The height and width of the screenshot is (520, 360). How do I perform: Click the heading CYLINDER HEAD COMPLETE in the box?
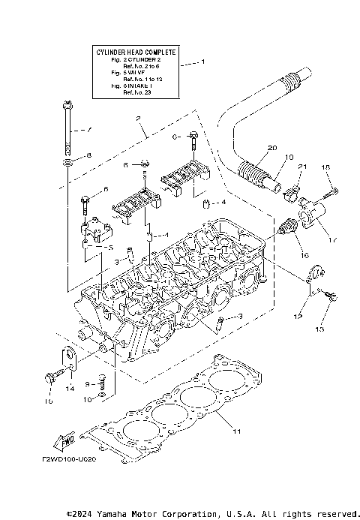tap(136, 52)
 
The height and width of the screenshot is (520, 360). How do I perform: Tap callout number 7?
tap(88, 130)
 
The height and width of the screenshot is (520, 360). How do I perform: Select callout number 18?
tap(325, 167)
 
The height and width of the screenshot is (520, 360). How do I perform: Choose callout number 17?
tap(332, 241)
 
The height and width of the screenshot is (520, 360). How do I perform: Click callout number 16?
tap(304, 256)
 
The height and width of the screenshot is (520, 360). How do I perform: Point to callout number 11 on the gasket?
tap(237, 431)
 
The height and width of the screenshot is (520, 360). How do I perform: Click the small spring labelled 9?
tap(106, 383)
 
